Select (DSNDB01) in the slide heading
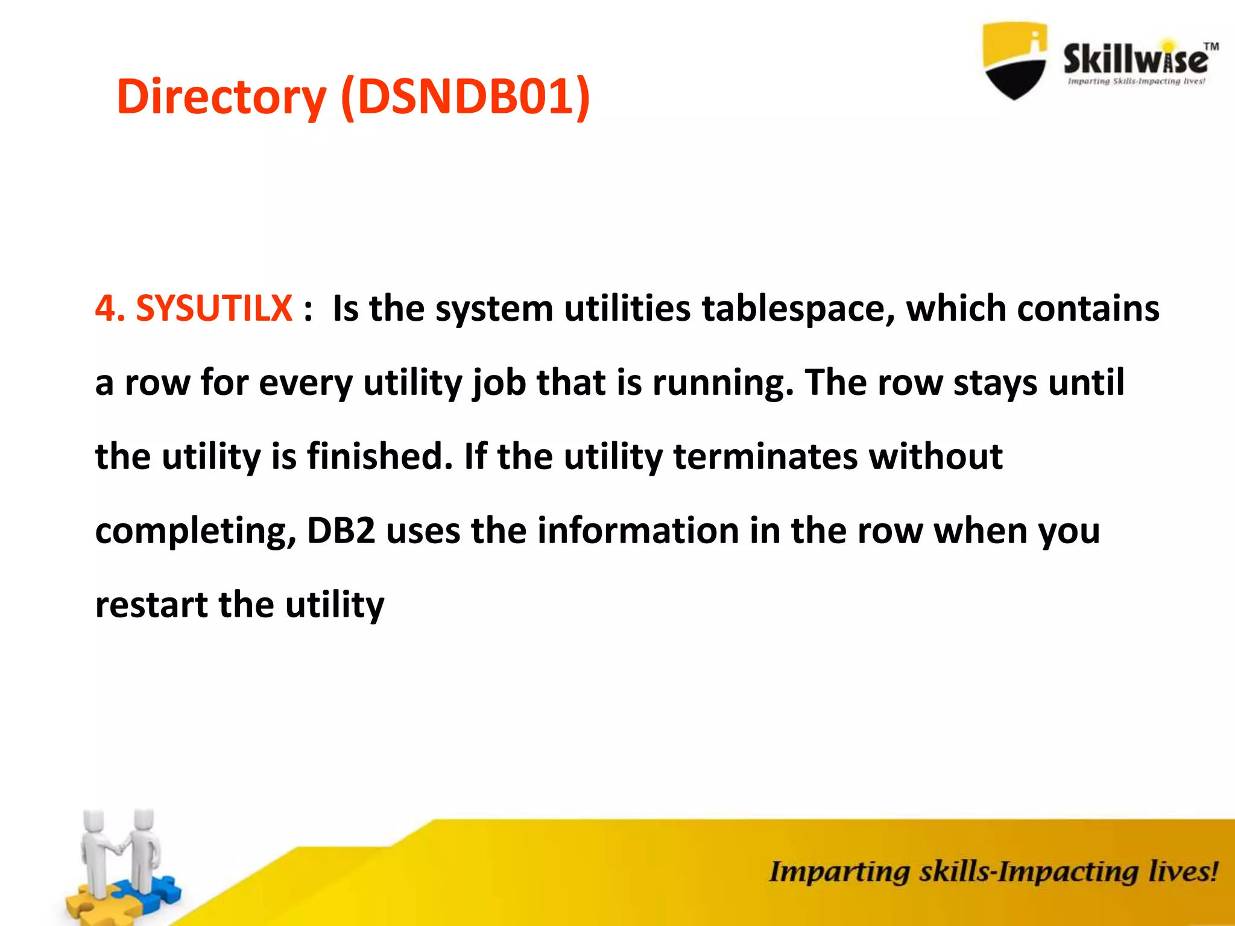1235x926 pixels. coord(465,96)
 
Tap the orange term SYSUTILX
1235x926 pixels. coord(214,309)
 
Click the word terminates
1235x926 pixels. coord(765,456)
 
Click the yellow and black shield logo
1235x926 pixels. coord(1015,60)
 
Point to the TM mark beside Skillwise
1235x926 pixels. coord(1211,46)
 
